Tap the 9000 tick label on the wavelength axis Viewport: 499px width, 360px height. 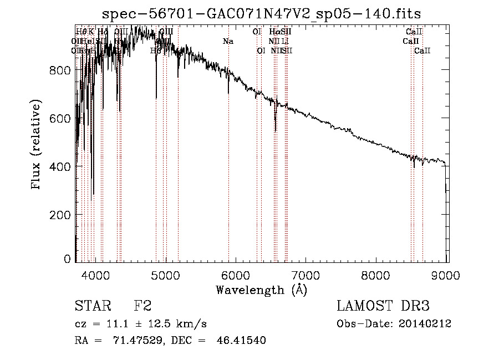447,274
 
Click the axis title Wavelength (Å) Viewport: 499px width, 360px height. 261,290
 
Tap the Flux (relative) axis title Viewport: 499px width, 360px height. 37,145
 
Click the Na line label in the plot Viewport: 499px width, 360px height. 228,41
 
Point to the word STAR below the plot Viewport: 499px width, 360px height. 92,307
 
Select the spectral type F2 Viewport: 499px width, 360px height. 143,307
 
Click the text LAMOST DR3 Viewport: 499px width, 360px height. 383,307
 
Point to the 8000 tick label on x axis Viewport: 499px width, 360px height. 377,274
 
